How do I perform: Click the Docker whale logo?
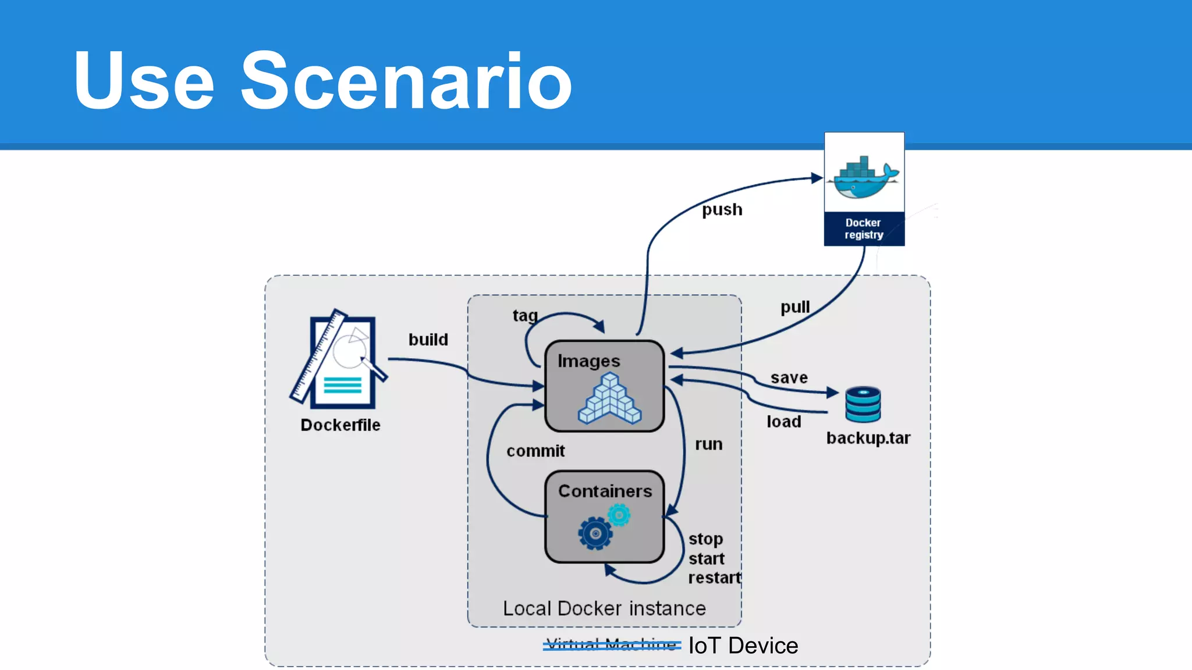pos(865,177)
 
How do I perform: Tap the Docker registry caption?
pos(864,229)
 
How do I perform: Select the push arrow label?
pos(722,209)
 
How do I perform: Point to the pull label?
pos(794,307)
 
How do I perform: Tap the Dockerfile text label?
pos(340,425)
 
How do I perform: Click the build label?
pos(428,339)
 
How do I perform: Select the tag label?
pos(524,315)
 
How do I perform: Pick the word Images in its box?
pos(588,361)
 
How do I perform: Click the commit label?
pos(535,451)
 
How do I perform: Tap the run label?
pos(708,444)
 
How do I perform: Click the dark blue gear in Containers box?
pos(595,533)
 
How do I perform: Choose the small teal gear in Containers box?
pos(619,515)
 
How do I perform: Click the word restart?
pos(714,578)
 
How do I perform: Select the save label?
pos(789,377)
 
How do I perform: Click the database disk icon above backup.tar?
pos(863,404)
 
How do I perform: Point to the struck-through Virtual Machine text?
pos(612,644)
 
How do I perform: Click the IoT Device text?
pos(743,646)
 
